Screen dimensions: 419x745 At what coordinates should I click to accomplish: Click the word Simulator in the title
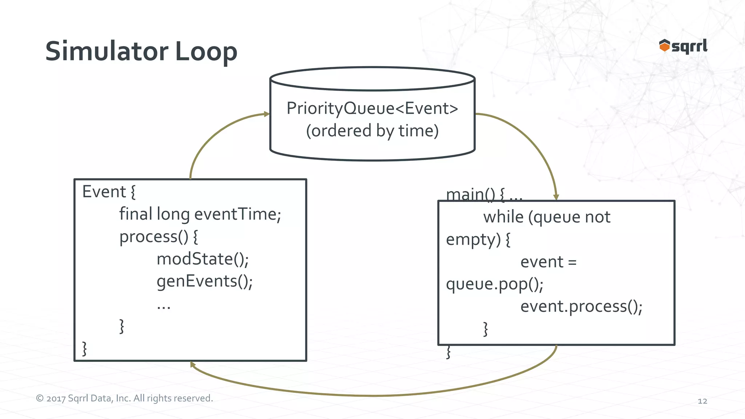click(x=107, y=51)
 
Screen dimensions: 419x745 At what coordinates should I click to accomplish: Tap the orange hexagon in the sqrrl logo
click(x=664, y=46)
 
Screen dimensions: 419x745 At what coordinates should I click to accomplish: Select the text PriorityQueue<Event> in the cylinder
click(x=372, y=108)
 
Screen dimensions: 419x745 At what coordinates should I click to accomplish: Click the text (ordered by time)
click(x=372, y=131)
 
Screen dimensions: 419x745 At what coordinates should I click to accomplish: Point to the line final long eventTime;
click(x=200, y=214)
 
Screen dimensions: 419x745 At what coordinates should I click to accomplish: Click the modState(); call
click(x=203, y=259)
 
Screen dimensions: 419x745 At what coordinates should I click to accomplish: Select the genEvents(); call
click(x=204, y=281)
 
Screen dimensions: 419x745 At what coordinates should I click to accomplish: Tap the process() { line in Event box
click(x=159, y=237)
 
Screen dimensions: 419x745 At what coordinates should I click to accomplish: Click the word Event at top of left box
click(x=104, y=192)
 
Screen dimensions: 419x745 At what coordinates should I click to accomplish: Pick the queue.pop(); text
click(x=494, y=284)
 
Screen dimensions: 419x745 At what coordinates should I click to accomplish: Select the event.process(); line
click(x=581, y=306)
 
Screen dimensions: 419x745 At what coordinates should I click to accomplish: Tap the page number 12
click(x=702, y=401)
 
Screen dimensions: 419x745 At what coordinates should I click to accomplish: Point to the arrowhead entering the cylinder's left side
click(x=267, y=114)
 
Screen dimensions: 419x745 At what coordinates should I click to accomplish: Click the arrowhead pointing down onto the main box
click(x=556, y=197)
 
